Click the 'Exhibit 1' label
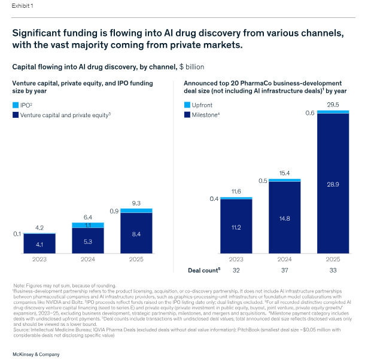22,6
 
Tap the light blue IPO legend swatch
16,105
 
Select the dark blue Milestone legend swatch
187,115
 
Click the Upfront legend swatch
187,105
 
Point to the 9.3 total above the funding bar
136,203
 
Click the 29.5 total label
333,105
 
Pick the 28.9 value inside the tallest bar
333,184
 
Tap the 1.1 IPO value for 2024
88,225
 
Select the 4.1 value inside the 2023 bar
39,245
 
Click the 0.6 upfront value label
310,113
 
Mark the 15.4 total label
284,173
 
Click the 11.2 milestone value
236,227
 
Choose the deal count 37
284,270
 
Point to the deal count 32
236,270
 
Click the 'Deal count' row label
204,270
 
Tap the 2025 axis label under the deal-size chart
333,259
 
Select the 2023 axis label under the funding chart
39,259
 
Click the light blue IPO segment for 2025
136,210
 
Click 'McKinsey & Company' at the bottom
36,354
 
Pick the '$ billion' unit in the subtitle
191,67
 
